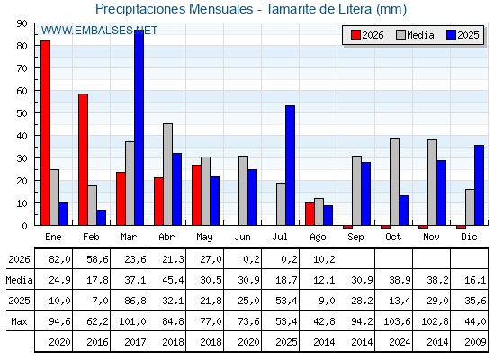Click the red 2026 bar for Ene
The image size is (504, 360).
[45, 133]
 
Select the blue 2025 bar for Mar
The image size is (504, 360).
[139, 127]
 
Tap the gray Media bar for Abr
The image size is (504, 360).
[167, 175]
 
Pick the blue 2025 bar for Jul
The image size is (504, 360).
[290, 166]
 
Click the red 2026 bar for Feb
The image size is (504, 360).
[83, 159]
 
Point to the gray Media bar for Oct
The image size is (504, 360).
[395, 182]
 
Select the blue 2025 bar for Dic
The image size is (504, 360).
[479, 185]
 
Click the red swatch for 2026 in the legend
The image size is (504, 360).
[355, 35]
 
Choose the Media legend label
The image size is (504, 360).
[420, 35]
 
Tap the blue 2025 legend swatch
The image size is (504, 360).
[451, 35]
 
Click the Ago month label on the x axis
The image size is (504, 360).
[318, 238]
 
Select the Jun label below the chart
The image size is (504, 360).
[242, 238]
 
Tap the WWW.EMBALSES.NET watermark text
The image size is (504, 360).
[99, 31]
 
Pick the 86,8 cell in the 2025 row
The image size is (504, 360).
[133, 301]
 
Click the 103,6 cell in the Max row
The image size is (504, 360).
[397, 321]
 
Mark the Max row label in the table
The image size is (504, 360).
[19, 321]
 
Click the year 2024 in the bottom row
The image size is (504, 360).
[400, 342]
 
